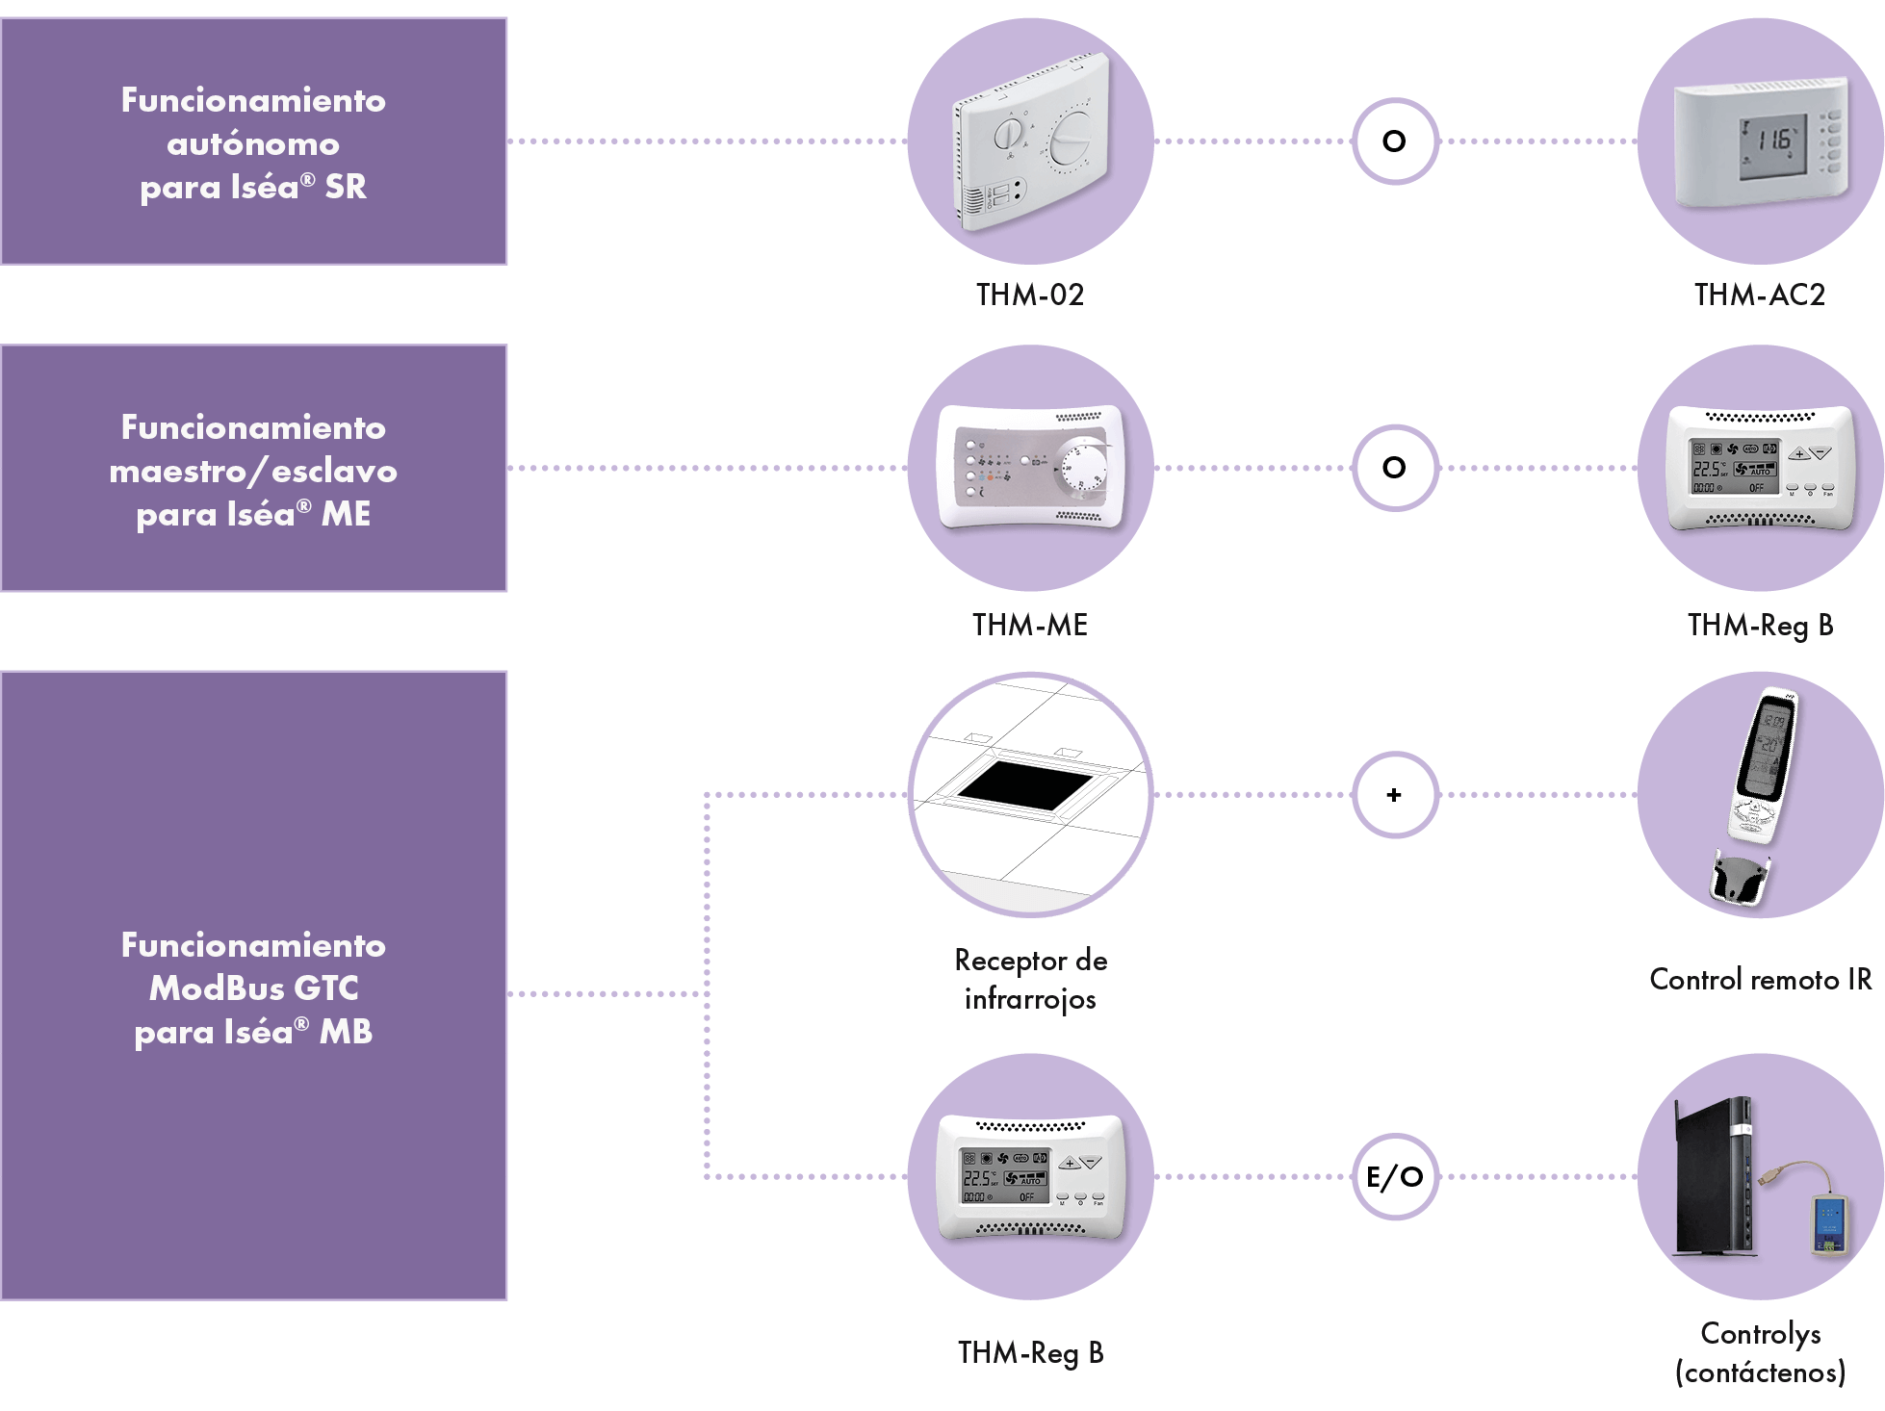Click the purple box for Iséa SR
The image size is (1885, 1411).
[253, 141]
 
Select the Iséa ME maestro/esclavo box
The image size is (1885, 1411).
[253, 469]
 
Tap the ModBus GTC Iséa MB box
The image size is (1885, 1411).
[253, 987]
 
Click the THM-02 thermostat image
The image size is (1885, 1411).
[1030, 141]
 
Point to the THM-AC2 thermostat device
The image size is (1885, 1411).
[1761, 141]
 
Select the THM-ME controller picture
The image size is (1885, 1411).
[1030, 469]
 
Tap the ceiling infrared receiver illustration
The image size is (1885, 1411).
[1030, 795]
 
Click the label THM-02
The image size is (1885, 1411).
[1030, 295]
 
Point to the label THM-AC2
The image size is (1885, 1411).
[1760, 295]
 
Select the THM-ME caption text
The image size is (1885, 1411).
[1030, 626]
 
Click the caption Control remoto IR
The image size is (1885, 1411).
[1761, 980]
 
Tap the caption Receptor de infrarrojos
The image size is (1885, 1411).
[1030, 980]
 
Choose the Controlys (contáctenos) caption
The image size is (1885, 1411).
[1761, 1352]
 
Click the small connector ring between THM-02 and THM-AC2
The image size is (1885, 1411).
[1395, 141]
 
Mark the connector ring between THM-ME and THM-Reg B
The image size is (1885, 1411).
[1395, 469]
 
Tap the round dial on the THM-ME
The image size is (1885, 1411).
[1081, 472]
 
